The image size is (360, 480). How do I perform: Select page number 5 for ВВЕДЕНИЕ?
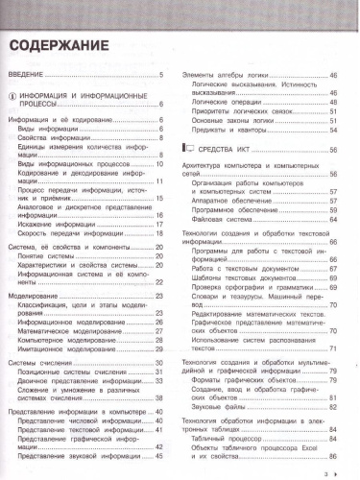click(162, 75)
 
